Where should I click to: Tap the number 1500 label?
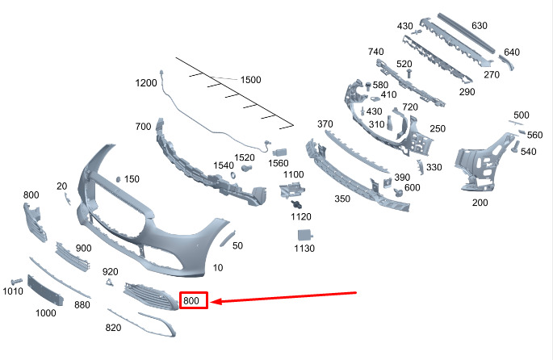251,80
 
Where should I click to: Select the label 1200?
146,83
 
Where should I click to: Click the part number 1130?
304,249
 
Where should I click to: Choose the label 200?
480,203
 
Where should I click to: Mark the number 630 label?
501,25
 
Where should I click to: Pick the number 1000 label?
45,312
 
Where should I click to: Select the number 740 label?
376,52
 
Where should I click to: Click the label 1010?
13,291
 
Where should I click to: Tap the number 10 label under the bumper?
218,267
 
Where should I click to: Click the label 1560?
279,163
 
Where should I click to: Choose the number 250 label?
437,128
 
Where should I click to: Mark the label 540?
529,151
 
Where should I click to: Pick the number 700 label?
144,127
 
